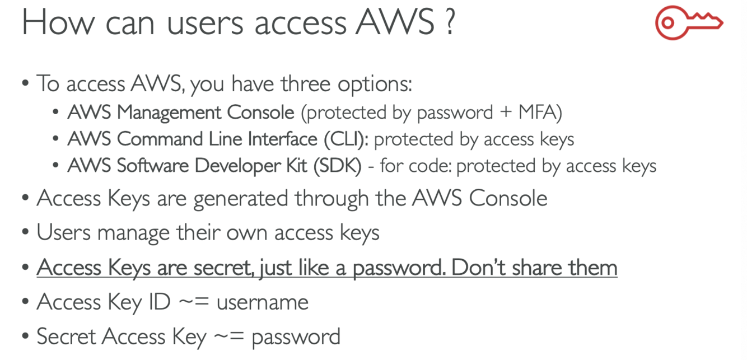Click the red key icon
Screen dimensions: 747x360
[x=689, y=23]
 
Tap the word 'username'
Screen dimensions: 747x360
[x=263, y=302]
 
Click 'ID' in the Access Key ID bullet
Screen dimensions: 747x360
[x=159, y=302]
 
